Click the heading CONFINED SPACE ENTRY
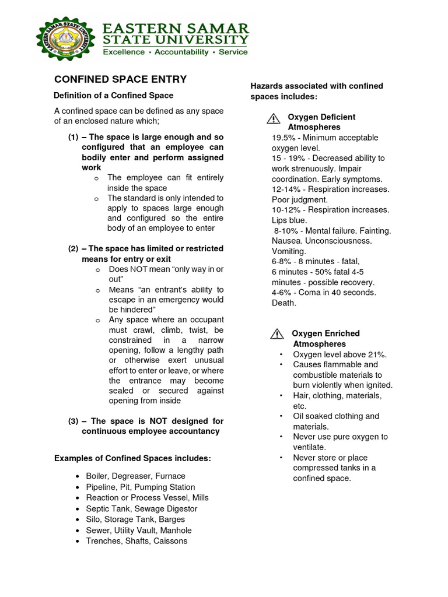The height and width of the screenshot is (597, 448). click(x=120, y=79)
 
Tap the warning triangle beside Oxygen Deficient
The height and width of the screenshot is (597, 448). click(x=273, y=119)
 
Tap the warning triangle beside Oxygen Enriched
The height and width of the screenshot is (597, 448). click(x=276, y=335)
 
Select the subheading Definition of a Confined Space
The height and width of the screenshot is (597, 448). click(x=113, y=95)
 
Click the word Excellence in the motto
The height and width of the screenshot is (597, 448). click(x=124, y=52)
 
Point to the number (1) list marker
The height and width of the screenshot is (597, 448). click(x=73, y=137)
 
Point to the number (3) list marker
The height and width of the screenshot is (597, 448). click(x=73, y=421)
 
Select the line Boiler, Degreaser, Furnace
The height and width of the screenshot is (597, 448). click(x=135, y=476)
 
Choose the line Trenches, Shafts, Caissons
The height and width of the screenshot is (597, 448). click(x=136, y=541)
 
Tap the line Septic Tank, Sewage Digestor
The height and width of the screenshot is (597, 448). click(x=141, y=508)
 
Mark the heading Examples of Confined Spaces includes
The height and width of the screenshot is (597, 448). click(x=132, y=458)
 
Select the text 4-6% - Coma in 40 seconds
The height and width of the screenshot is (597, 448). click(x=324, y=293)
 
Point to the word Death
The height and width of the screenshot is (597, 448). click(x=284, y=303)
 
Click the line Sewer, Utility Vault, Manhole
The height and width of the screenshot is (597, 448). click(x=138, y=531)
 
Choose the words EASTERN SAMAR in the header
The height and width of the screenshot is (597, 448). click(x=176, y=29)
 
